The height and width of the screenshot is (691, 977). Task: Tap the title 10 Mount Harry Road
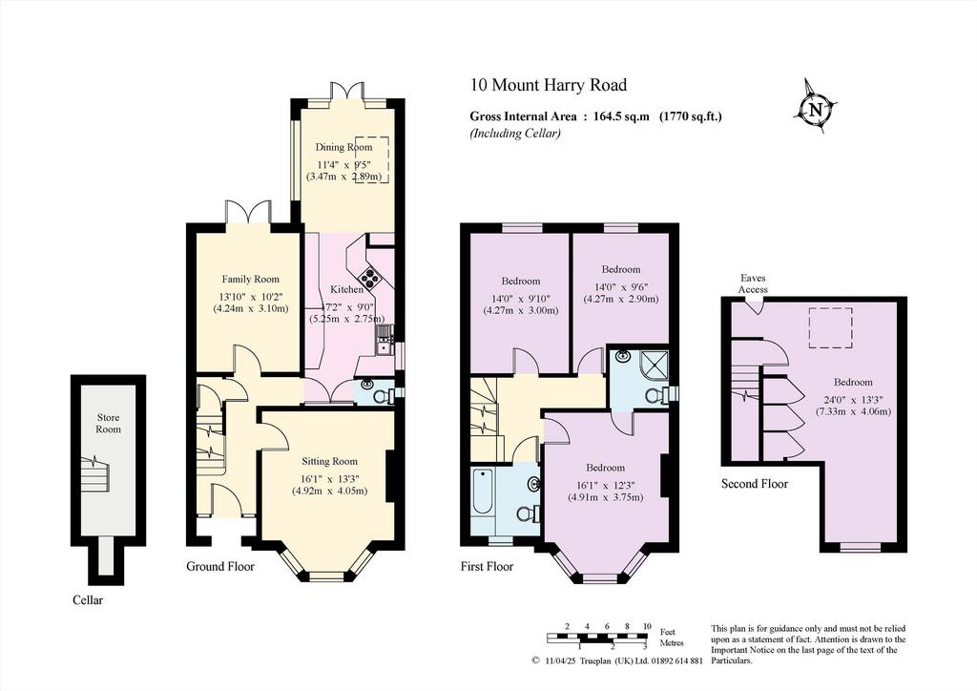(549, 85)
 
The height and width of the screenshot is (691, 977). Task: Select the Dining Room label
(343, 147)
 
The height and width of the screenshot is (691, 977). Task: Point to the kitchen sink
(383, 342)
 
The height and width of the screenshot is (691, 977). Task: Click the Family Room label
(251, 279)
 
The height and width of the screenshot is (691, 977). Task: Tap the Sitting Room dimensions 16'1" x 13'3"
(329, 478)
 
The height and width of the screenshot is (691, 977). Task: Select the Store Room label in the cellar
(108, 423)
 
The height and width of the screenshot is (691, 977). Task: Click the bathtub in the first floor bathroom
(483, 492)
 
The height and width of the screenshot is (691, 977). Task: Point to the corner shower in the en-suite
(651, 366)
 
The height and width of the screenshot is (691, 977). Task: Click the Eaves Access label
(753, 283)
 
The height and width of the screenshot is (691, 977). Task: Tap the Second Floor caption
(755, 484)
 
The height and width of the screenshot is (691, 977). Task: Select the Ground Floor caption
(220, 566)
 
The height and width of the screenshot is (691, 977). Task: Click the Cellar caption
(88, 600)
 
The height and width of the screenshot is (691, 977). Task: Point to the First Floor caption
(487, 566)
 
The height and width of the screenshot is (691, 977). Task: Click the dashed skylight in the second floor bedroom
(831, 327)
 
